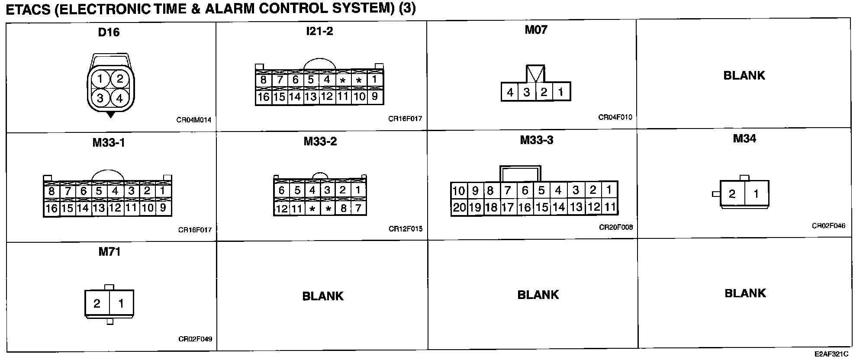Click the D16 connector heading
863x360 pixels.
(109, 32)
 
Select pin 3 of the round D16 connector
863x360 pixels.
(100, 98)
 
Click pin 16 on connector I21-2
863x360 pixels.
(263, 97)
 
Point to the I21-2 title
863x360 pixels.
(319, 31)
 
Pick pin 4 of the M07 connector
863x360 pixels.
(510, 92)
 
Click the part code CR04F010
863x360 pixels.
(615, 117)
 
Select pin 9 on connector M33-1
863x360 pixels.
(163, 208)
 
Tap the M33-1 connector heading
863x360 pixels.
(109, 143)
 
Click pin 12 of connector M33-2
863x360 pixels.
(281, 209)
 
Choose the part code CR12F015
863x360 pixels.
(406, 229)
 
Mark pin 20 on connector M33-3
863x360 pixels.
(459, 208)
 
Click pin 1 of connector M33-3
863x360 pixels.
(609, 190)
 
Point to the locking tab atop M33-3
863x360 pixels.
(520, 173)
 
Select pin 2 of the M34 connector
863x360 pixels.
(732, 194)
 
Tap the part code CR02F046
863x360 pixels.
(828, 226)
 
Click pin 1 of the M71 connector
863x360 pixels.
(121, 304)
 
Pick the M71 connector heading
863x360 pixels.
(109, 252)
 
